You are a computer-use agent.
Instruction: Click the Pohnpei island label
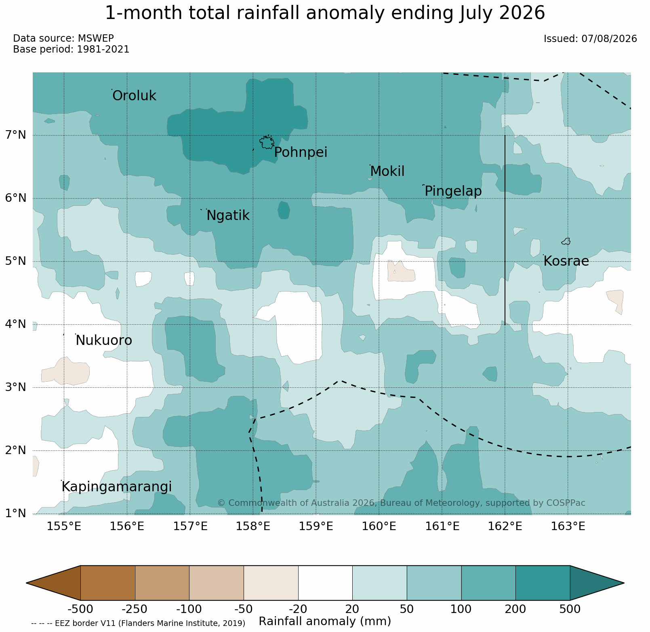tap(301, 152)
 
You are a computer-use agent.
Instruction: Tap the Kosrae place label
tap(566, 261)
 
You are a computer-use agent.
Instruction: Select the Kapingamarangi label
tap(117, 487)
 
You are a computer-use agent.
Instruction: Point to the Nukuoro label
tap(104, 340)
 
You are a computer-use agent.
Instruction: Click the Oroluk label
tap(134, 96)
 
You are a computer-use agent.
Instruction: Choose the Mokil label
tap(387, 171)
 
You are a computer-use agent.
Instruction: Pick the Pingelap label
tap(453, 191)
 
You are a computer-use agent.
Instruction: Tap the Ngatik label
tap(228, 216)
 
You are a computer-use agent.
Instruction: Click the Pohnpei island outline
tap(267, 142)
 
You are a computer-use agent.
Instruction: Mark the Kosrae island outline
tap(566, 241)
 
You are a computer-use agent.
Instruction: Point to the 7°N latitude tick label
tap(15, 135)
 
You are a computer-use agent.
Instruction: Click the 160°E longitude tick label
tap(379, 526)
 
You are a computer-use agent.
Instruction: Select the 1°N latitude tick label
tap(15, 514)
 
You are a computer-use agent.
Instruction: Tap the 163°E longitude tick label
tap(568, 526)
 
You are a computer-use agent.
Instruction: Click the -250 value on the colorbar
tap(135, 609)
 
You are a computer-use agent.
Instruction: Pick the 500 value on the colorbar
tap(570, 609)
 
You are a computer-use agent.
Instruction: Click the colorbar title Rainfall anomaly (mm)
tap(325, 621)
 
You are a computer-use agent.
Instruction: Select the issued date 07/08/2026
tap(609, 39)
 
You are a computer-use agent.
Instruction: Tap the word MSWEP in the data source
tap(96, 38)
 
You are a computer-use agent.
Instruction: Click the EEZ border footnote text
tap(138, 624)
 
